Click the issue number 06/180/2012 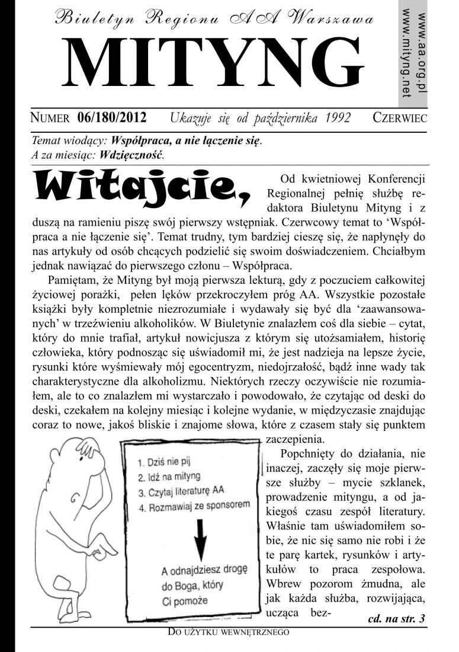(112, 117)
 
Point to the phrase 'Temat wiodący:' (66, 143)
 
